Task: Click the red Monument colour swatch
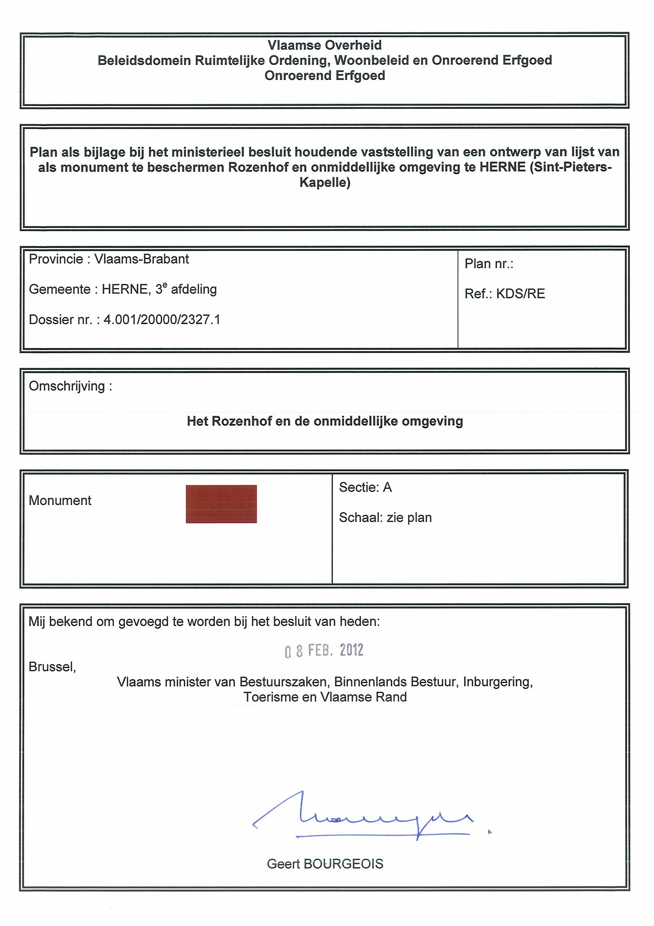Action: (221, 504)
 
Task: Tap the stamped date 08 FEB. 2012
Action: (324, 650)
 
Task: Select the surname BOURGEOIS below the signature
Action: (343, 863)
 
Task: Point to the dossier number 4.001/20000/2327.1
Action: (162, 320)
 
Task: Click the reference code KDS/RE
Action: (520, 294)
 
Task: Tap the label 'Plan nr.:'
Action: (489, 264)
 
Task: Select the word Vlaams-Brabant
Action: (142, 259)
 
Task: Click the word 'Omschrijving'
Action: (67, 386)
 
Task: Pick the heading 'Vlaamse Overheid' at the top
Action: (324, 45)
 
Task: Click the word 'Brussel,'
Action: (52, 667)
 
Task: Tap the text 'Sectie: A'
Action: (365, 487)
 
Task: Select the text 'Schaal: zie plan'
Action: (385, 518)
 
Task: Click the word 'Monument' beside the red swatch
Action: (60, 501)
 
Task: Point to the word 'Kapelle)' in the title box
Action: (325, 182)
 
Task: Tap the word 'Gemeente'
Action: (59, 289)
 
